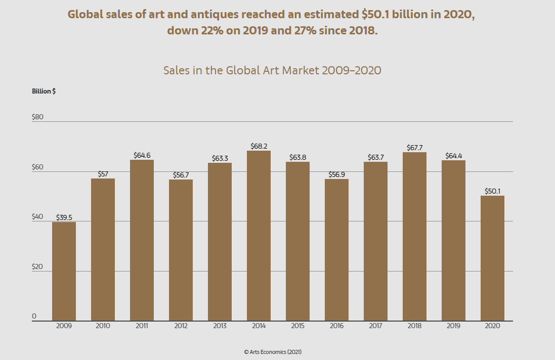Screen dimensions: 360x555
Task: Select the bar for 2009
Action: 64,271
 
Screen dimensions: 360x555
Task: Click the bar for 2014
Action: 259,236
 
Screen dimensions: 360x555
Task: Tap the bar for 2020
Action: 492,258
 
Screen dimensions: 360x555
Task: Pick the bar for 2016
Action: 336,250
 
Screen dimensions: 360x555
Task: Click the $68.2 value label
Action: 259,146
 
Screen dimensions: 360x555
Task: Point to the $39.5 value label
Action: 64,217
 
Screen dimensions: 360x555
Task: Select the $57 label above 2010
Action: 103,174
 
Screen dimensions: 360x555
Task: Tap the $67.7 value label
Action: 414,148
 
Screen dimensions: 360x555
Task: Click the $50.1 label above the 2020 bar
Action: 492,191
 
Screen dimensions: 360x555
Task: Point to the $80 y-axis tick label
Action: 38,117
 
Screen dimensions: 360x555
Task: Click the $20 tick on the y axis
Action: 38,266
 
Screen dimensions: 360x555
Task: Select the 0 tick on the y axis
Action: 34,316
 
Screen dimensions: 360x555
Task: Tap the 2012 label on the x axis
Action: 181,326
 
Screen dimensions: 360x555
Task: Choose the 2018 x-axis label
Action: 414,326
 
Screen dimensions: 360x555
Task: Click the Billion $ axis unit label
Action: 44,92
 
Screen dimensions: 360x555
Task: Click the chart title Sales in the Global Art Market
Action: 272,70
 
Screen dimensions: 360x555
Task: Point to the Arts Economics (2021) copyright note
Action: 273,351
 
